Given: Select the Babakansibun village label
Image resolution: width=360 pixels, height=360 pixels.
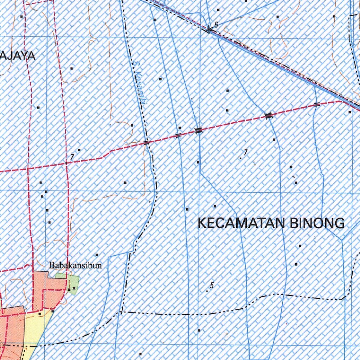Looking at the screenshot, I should [76, 265].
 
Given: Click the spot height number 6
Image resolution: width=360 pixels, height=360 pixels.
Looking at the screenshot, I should [216, 24].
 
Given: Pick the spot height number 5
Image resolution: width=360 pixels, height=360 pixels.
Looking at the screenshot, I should [212, 285].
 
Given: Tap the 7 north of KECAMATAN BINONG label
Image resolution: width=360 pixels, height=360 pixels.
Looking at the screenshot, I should [245, 152].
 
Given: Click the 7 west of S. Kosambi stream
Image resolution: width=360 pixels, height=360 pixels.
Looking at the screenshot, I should [72, 157].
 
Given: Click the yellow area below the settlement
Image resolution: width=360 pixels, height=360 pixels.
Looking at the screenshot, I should [35, 327].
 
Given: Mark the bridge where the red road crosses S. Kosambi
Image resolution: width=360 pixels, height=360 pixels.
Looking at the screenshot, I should [146, 142].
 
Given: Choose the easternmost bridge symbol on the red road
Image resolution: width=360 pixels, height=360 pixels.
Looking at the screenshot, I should [317, 104].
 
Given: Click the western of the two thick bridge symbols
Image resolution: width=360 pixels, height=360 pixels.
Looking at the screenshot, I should [199, 130].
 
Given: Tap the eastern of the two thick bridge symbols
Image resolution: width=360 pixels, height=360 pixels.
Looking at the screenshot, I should [269, 115].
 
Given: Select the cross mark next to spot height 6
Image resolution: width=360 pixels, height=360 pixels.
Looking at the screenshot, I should [209, 30].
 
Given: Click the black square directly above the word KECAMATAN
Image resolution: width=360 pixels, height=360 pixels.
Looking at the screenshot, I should [215, 206].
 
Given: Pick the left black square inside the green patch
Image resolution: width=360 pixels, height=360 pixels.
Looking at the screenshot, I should [70, 289].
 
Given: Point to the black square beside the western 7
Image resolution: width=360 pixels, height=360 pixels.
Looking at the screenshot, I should [79, 150].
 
